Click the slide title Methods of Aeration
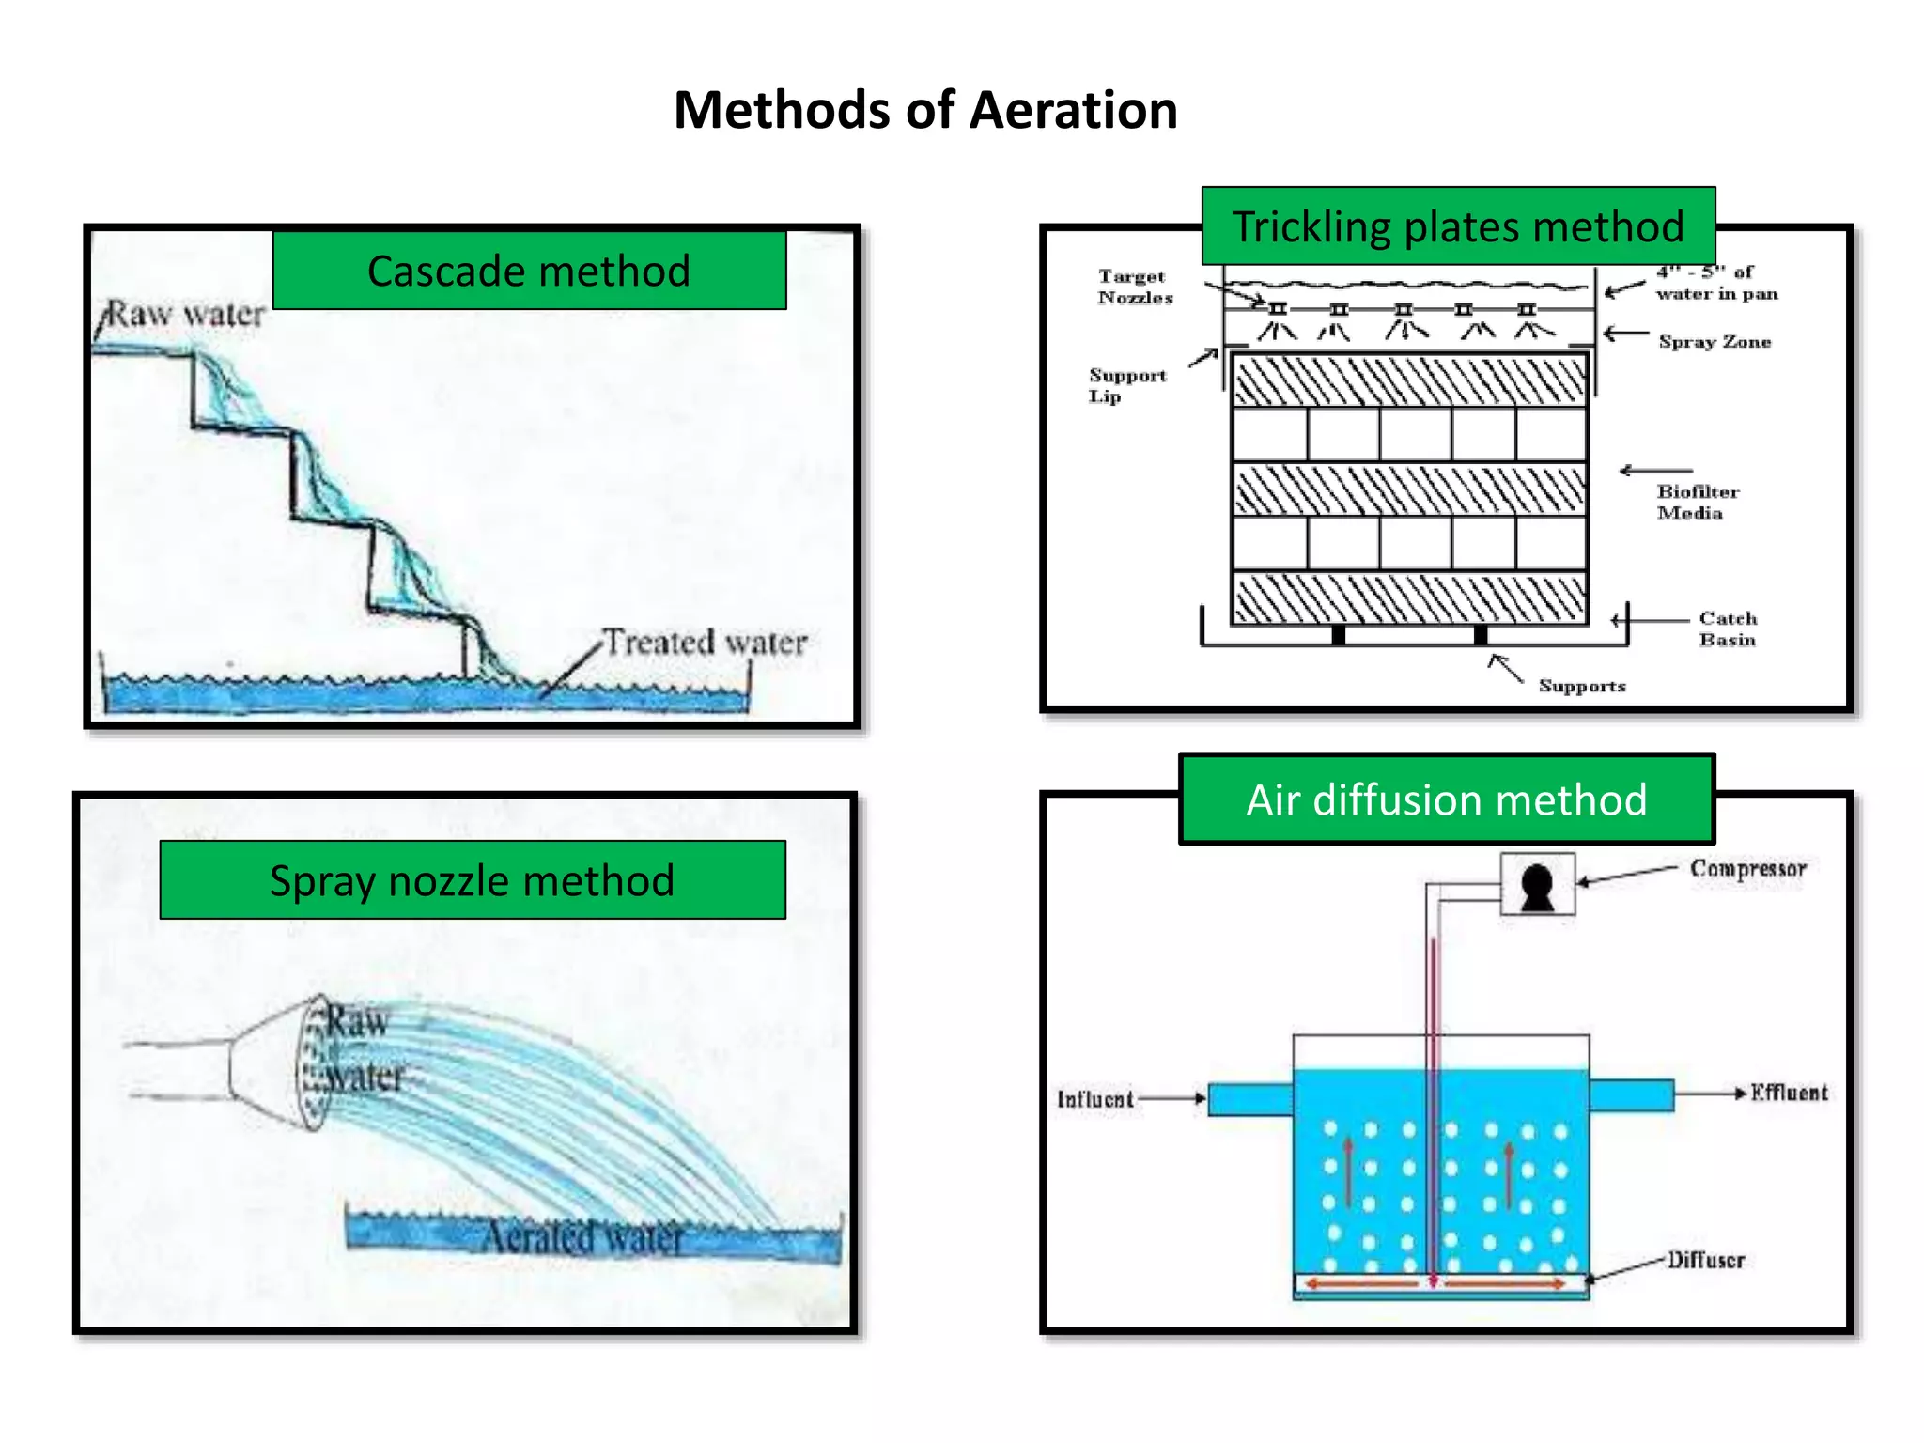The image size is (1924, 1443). (925, 111)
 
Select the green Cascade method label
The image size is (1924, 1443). (529, 271)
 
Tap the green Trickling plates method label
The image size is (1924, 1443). (1458, 226)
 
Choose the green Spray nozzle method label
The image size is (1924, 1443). (473, 880)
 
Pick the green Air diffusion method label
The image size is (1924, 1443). (1447, 799)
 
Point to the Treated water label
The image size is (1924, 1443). (705, 643)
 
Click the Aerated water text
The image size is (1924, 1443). (582, 1236)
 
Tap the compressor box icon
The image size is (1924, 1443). (1537, 884)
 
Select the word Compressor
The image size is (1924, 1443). (1747, 868)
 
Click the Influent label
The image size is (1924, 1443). (1094, 1099)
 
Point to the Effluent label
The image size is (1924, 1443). (1789, 1093)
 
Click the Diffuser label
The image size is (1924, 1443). (1706, 1260)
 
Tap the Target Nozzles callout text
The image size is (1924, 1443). (1135, 287)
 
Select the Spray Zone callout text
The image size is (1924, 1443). (1715, 342)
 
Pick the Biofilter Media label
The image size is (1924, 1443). (1697, 502)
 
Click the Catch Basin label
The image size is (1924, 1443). (1727, 628)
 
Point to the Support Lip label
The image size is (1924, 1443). (1126, 385)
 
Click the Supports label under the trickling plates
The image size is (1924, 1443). (1582, 686)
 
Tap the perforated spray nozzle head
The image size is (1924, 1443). (314, 1063)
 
